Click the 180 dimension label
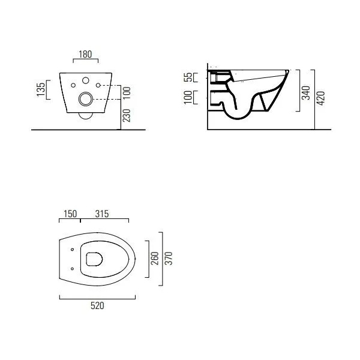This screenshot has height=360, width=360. tap(85, 55)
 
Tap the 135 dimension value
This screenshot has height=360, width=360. tap(41, 90)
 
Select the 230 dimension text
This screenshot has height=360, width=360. tap(127, 115)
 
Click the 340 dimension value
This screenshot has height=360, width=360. tap(305, 93)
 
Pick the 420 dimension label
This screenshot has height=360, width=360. tap(321, 98)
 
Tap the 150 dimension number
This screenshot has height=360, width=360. tap(70, 214)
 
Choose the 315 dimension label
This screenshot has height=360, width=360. tap(102, 214)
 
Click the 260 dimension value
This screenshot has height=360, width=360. tap(155, 259)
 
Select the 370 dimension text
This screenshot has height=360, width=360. tap(169, 259)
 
